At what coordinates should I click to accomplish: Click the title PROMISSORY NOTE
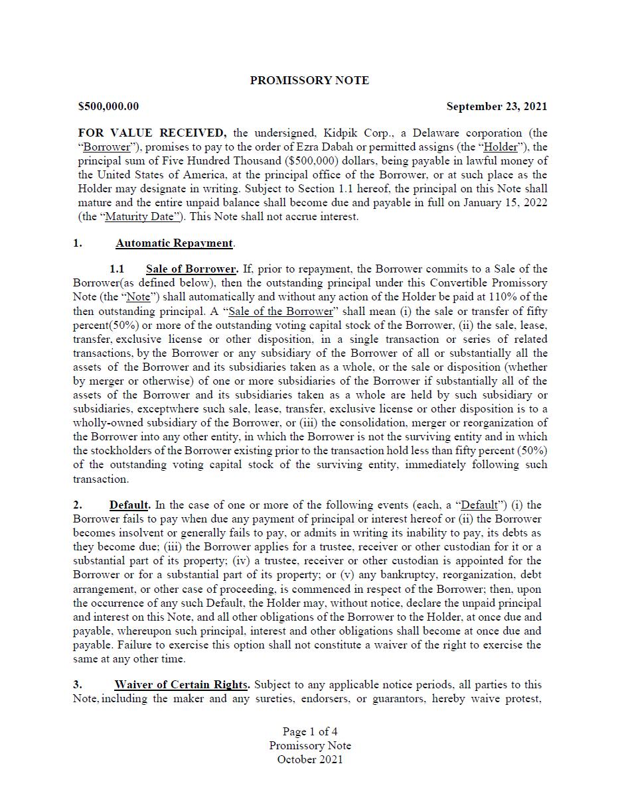point(309,80)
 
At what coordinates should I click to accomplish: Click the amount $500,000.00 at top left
point(109,106)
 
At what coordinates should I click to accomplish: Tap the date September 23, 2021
point(497,106)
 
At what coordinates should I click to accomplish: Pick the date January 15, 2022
point(508,202)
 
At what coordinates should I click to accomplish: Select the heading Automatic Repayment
point(174,243)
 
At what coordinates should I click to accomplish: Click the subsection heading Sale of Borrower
point(191,269)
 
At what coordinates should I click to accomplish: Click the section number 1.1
point(117,269)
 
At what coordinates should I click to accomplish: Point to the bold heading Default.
point(129,505)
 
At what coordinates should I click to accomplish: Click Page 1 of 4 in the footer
point(310,731)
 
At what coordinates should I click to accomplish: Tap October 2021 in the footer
point(310,759)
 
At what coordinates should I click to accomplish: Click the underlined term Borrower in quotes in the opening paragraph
point(106,147)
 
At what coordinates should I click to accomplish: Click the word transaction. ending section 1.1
point(101,479)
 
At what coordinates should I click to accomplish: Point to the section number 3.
point(77,684)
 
